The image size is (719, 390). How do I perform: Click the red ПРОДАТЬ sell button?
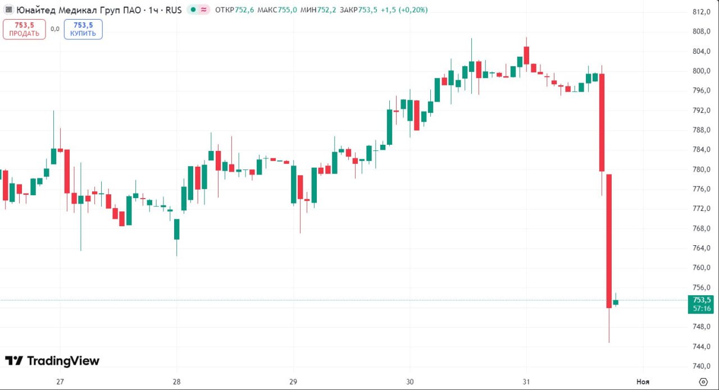[24, 29]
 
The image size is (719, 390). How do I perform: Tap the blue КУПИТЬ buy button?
[83, 29]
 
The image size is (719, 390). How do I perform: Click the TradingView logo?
[52, 361]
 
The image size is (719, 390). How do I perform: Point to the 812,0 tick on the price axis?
[702, 12]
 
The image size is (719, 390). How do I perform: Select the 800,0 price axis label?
[702, 71]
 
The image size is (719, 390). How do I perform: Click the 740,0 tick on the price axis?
[702, 366]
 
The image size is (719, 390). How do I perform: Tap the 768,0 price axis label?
[702, 228]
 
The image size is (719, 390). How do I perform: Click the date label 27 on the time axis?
[60, 382]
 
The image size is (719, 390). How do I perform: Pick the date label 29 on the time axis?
[293, 382]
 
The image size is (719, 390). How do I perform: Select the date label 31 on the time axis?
[526, 382]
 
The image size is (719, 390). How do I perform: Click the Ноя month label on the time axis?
[643, 382]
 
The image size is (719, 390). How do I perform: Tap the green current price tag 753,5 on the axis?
[702, 300]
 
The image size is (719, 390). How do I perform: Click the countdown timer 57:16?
[702, 309]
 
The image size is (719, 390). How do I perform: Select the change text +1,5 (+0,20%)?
[404, 10]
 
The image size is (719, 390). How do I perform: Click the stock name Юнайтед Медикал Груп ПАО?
[76, 10]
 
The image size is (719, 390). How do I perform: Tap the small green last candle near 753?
[616, 302]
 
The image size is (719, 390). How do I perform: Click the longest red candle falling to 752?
[609, 241]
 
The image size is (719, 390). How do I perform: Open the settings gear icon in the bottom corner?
[703, 382]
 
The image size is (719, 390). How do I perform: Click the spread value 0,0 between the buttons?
[54, 29]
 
